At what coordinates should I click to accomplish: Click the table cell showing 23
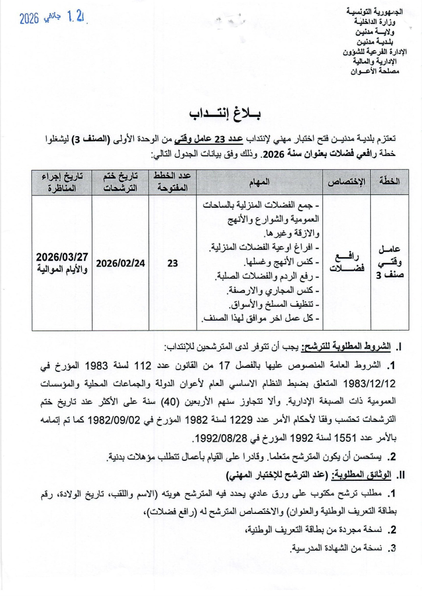[x=172, y=263]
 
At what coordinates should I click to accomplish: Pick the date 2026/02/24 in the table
[x=120, y=263]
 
